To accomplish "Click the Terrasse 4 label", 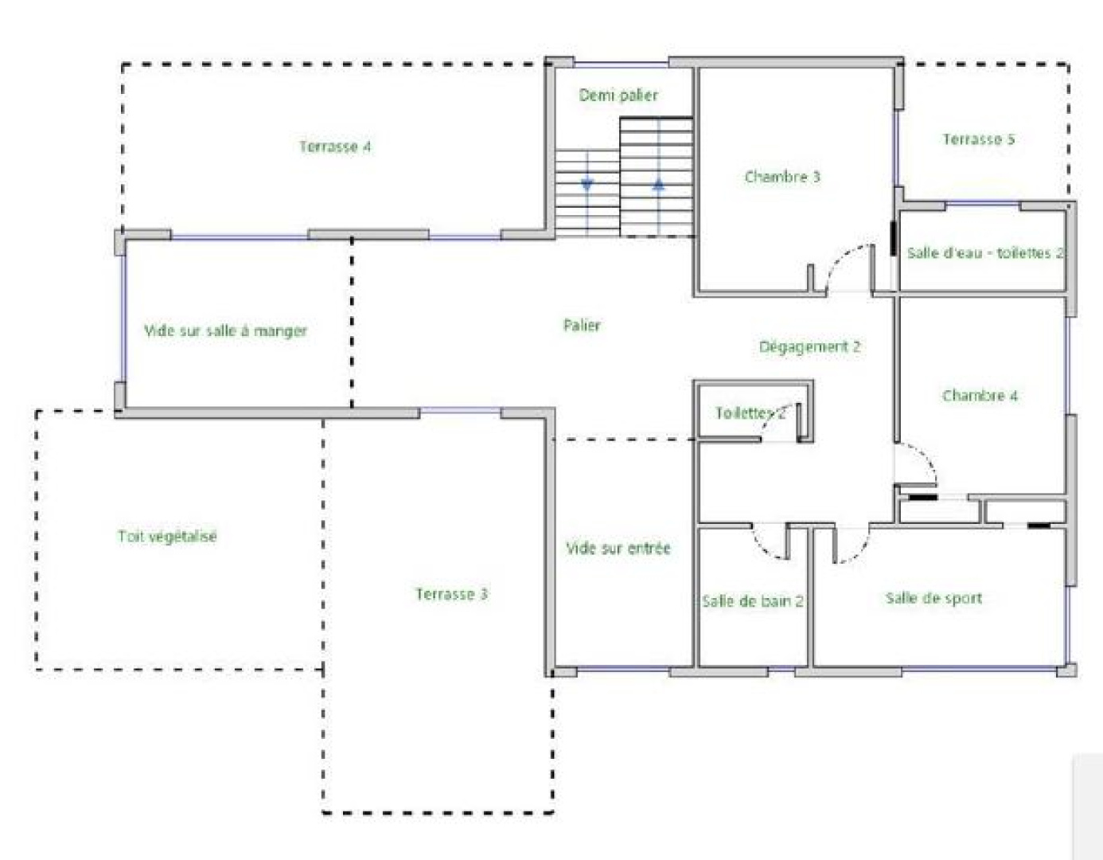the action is click(335, 147).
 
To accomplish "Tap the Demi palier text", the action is click(618, 95).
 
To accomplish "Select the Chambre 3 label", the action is click(782, 177).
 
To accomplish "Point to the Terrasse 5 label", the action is click(979, 139).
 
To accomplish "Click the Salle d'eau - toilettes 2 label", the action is click(985, 252).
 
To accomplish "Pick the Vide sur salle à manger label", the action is click(226, 330).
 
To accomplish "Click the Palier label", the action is click(582, 325).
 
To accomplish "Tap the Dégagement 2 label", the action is click(809, 346).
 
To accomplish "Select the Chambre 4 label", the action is click(980, 396).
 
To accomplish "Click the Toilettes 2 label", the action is click(750, 413).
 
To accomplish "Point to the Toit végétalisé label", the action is click(167, 536).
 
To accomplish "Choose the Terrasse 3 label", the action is click(452, 593).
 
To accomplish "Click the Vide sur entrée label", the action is click(618, 548).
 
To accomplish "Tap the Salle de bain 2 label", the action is click(752, 601).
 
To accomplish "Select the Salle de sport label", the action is click(934, 598).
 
